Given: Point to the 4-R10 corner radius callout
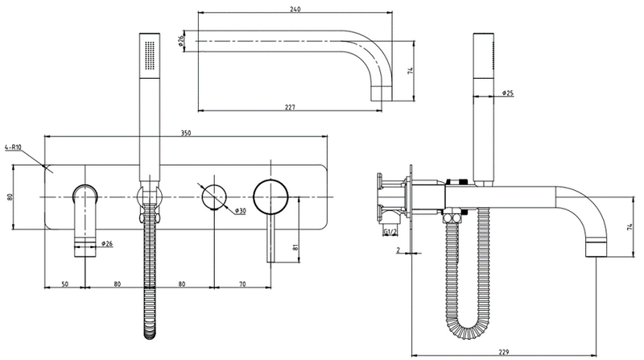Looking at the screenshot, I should pos(14,147).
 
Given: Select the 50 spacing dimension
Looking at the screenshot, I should pos(64,283).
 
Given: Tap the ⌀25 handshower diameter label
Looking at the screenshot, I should pos(508,94).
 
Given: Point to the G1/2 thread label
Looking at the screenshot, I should pos(390,234).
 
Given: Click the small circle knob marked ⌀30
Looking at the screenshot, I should pos(213,196).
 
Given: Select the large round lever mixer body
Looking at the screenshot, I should pos(270,196).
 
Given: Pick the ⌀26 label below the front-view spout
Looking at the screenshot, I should pos(108,243).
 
